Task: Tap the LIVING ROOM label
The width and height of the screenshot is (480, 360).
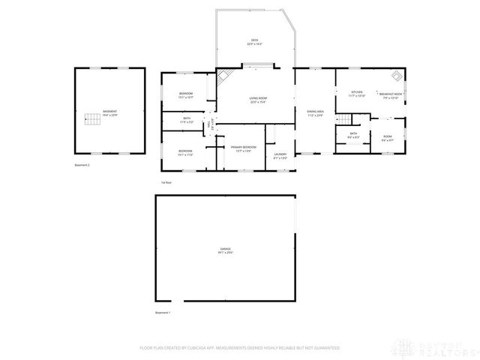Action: (259, 100)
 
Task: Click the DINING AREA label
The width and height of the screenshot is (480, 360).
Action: (315, 112)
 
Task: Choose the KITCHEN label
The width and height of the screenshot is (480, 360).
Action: (357, 92)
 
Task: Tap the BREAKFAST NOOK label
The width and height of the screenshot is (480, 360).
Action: (392, 93)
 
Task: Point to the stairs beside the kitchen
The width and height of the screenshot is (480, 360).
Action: (343, 120)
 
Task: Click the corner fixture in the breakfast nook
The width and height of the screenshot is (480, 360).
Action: (395, 76)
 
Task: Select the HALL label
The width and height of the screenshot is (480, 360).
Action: (211, 124)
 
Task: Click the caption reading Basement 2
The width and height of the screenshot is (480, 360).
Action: (82, 164)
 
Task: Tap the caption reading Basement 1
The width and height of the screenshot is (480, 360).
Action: (163, 312)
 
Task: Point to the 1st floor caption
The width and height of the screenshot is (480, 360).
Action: (166, 182)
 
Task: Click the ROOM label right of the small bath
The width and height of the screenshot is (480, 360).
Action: (388, 138)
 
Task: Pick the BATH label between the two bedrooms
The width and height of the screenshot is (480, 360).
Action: (186, 120)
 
